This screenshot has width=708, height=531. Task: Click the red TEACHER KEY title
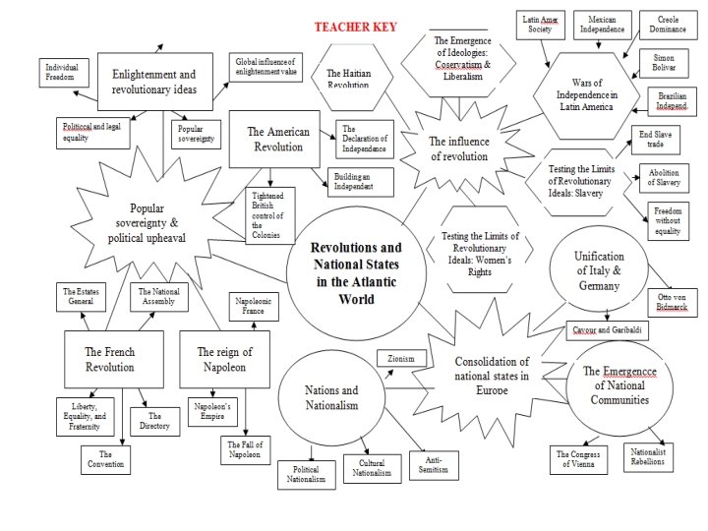(x=355, y=27)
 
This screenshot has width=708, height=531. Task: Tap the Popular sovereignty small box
(x=198, y=134)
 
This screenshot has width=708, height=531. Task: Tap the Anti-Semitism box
(x=434, y=464)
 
